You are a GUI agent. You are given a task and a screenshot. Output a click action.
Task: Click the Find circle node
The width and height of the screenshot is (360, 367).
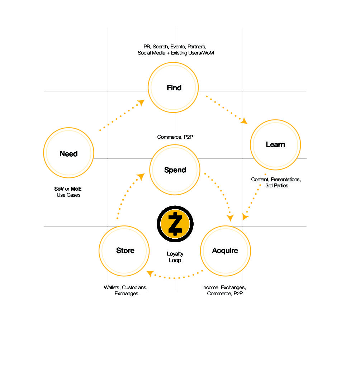[174, 87]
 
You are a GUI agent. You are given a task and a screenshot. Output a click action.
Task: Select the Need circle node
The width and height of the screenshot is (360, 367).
[68, 153]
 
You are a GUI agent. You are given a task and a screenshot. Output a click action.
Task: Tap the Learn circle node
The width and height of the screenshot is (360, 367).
[275, 144]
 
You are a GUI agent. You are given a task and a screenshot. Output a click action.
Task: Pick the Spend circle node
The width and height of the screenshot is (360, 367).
[175, 170]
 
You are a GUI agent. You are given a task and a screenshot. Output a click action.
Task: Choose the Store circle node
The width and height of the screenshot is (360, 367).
[125, 250]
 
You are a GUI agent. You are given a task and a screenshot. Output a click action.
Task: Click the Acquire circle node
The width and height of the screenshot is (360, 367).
[225, 250]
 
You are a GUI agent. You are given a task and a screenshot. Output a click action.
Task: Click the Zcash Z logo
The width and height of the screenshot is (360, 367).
[175, 224]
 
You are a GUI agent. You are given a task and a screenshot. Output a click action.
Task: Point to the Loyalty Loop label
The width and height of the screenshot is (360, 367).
[175, 257]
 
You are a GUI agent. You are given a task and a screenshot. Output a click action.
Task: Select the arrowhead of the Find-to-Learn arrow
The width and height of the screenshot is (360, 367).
[244, 121]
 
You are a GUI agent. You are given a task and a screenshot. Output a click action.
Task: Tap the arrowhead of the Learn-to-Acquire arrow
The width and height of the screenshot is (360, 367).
[245, 217]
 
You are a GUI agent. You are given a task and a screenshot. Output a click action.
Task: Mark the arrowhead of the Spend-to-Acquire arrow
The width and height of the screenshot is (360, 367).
[230, 218]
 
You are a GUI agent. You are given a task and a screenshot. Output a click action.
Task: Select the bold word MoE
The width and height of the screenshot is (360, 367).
[76, 189]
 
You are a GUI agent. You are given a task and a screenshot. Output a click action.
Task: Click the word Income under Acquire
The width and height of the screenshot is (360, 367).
[210, 287]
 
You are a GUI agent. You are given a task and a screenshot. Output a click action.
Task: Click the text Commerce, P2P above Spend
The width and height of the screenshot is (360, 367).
[174, 137]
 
